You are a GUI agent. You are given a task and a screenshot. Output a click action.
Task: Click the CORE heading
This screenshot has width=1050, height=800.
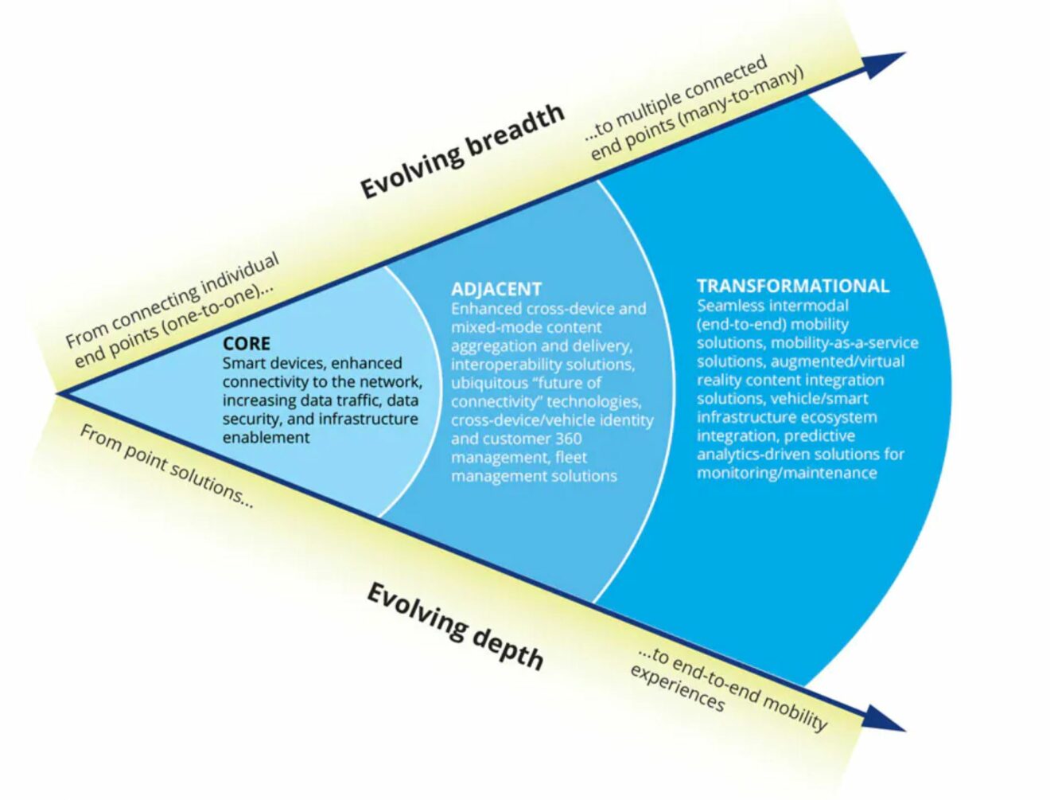click(x=246, y=344)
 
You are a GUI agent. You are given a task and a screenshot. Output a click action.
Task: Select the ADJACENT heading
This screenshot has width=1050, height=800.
click(x=496, y=289)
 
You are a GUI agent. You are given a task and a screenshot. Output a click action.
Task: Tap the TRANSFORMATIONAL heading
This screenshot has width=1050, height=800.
click(x=792, y=286)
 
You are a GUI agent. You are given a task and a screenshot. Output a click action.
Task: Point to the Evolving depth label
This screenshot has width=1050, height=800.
click(x=455, y=626)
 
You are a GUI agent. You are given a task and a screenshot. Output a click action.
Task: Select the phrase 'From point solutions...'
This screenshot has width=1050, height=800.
click(x=166, y=466)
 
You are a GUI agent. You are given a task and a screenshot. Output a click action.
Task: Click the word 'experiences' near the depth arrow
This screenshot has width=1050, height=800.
click(x=677, y=689)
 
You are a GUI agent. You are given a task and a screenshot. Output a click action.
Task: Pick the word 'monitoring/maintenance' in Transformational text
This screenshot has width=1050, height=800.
click(x=787, y=473)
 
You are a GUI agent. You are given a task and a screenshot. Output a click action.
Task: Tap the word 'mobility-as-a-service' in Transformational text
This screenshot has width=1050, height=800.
click(x=844, y=342)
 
